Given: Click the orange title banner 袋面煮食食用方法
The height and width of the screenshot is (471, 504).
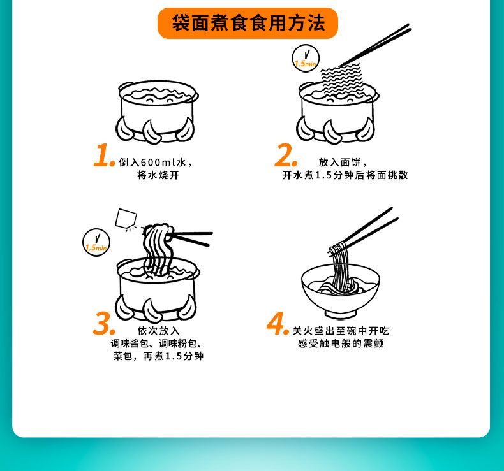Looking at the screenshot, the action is [248, 23].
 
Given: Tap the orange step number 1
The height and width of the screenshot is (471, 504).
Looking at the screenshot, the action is [104, 156].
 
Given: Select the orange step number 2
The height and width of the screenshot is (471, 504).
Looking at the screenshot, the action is [285, 155].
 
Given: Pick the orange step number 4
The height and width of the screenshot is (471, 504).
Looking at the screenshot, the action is [278, 323].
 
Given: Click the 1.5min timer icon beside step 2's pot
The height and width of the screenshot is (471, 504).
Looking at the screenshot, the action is [306, 58].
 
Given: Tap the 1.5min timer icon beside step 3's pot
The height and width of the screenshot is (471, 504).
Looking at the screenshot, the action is [96, 242].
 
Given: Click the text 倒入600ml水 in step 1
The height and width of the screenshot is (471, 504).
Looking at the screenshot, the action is [152, 162].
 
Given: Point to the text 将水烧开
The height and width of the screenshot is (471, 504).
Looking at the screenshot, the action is [158, 175].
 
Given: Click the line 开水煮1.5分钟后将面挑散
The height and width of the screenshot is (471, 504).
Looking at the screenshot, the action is [345, 175].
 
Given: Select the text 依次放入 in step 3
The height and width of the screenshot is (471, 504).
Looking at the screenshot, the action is [158, 330].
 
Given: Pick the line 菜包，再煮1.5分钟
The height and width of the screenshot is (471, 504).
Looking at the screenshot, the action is [158, 356].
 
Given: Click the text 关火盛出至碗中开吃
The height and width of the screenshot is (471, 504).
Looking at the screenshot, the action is [341, 330].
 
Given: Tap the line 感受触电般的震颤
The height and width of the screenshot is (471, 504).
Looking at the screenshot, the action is [341, 344].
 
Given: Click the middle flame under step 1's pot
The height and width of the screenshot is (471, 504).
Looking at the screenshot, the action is [152, 132].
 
